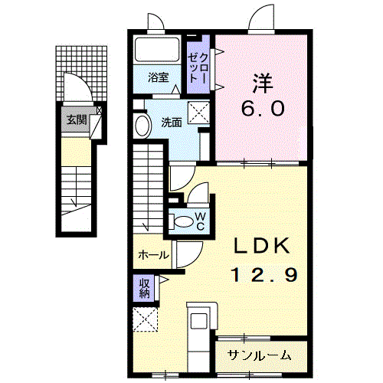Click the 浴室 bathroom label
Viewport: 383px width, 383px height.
[x=159, y=76]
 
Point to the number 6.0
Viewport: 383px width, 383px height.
[x=264, y=107]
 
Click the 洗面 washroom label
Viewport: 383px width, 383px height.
[x=171, y=122]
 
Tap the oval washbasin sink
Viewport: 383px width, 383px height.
[x=142, y=125]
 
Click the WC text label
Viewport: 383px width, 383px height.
[x=198, y=221]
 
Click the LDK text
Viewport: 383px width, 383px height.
[x=260, y=245]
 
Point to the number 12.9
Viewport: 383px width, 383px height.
[x=260, y=273]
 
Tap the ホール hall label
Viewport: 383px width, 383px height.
[x=153, y=256]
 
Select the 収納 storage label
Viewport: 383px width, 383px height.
[x=144, y=288]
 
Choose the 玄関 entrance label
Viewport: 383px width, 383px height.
[x=75, y=119]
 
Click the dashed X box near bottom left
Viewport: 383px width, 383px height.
[x=143, y=319]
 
